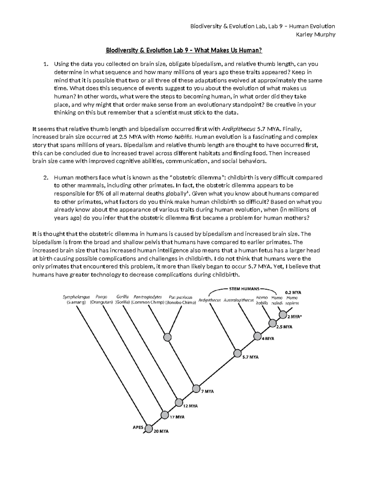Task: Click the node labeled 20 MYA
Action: pyautogui.click(x=149, y=428)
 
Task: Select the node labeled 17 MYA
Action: pyautogui.click(x=165, y=415)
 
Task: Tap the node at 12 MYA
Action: pyautogui.click(x=179, y=402)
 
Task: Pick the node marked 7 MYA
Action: pyautogui.click(x=196, y=389)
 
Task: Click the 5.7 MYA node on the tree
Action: pyautogui.click(x=237, y=354)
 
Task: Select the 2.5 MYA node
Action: pyautogui.click(x=272, y=323)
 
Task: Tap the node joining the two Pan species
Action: pyautogui.click(x=167, y=337)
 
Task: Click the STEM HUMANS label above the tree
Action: pyautogui.click(x=244, y=289)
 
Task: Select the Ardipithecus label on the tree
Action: pyautogui.click(x=209, y=300)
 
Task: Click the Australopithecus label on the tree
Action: pyautogui.click(x=239, y=300)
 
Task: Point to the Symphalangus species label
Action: pyautogui.click(x=76, y=297)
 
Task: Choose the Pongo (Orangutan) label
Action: pyautogui.click(x=101, y=299)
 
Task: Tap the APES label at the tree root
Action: pyautogui.click(x=138, y=427)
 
